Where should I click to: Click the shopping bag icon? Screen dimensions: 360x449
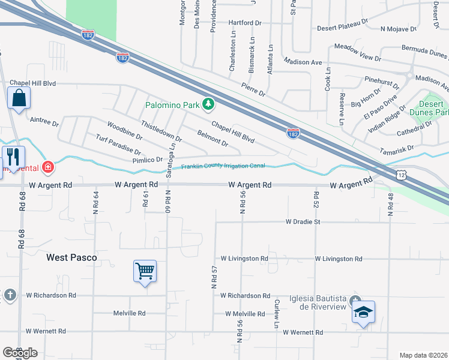coord(19,97)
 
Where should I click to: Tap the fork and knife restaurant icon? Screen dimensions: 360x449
coord(13,157)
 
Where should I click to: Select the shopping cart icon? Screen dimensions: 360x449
coord(145,271)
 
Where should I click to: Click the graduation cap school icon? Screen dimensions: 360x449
coord(363,312)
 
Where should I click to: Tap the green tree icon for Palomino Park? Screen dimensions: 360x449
coord(208,104)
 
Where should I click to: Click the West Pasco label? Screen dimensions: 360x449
coord(71,257)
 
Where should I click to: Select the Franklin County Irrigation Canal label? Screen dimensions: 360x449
coord(223,166)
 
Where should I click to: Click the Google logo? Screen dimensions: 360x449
coord(20,353)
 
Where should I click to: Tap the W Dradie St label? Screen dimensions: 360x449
coord(304,222)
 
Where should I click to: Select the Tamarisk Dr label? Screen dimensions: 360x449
coord(397,148)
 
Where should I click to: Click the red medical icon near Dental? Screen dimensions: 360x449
coord(47,166)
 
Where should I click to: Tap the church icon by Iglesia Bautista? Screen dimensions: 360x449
coord(356,300)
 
